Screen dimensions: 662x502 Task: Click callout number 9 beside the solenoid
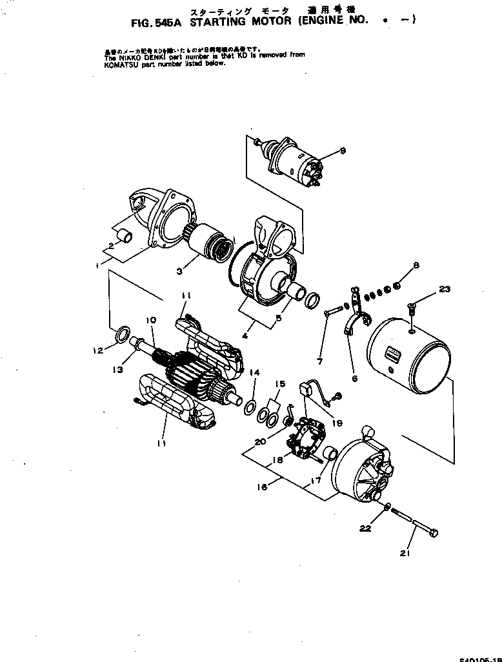click(x=343, y=151)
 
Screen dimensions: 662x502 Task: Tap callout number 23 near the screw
click(x=445, y=290)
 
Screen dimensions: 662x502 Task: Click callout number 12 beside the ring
click(x=98, y=351)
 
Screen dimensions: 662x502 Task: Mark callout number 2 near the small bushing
click(x=111, y=246)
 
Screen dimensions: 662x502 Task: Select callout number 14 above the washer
click(x=255, y=373)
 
